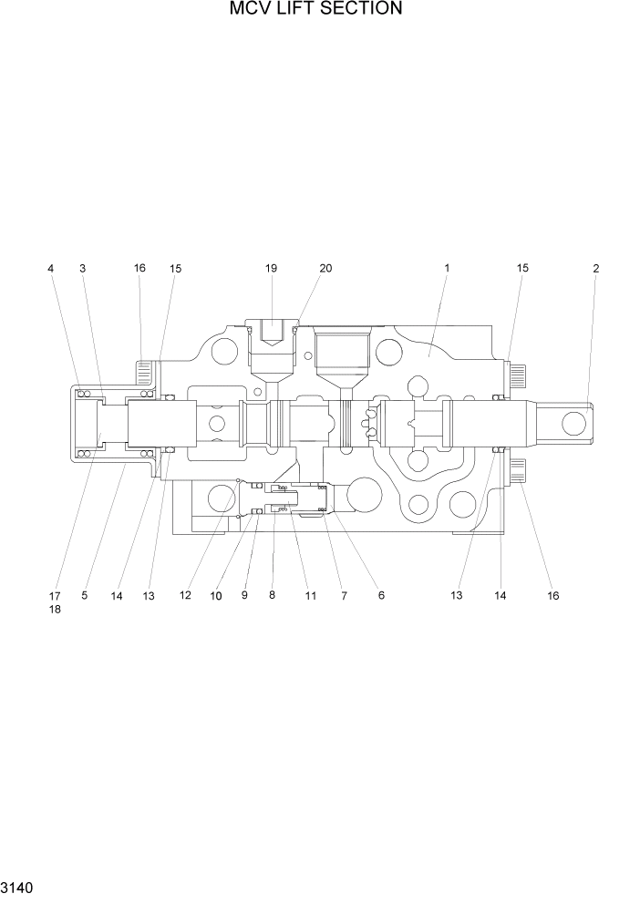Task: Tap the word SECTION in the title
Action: pos(359,10)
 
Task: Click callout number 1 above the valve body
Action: pos(448,269)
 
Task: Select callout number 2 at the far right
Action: pos(595,269)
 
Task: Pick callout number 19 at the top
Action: pos(271,269)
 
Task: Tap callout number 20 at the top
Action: pos(325,269)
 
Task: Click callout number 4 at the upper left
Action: pos(50,269)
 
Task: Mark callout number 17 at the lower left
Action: pos(55,596)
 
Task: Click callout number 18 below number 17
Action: pos(55,610)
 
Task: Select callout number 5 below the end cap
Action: pos(84,596)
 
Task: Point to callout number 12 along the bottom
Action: pos(185,596)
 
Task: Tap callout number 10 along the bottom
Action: pos(216,596)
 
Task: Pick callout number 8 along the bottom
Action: pos(271,596)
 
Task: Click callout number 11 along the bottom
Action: pos(310,596)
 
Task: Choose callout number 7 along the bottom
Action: pos(344,596)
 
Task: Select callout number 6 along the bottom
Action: pos(381,596)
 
